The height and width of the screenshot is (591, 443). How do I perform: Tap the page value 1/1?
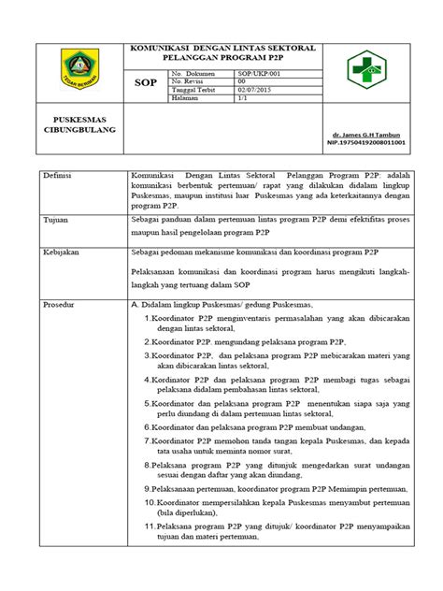244,98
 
